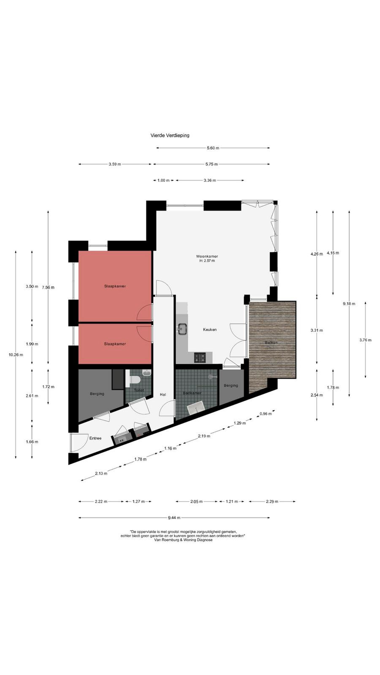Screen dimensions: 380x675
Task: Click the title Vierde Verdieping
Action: point(170,135)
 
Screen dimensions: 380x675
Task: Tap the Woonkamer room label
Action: point(207,256)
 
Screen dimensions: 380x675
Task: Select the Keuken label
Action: point(209,329)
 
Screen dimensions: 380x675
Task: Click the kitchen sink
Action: point(183,328)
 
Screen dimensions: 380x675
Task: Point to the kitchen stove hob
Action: point(200,358)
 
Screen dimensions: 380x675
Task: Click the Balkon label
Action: point(271,343)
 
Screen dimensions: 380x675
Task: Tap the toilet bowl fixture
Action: point(133,380)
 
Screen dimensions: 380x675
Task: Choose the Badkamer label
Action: point(192,393)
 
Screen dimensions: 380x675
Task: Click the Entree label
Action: point(95,438)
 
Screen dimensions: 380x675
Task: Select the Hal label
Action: point(163,394)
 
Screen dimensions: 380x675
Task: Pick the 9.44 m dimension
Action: point(174,518)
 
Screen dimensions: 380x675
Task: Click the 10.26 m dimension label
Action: point(16,355)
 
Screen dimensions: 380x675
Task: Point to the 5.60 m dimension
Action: point(213,148)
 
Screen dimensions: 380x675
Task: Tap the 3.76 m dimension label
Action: point(365,340)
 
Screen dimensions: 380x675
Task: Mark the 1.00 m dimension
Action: point(163,181)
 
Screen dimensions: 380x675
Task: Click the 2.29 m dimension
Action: point(272,502)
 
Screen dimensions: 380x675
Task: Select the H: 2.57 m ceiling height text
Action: point(207,261)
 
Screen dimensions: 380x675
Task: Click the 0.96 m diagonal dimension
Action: point(266,414)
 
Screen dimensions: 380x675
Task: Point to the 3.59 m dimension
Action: point(115,164)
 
